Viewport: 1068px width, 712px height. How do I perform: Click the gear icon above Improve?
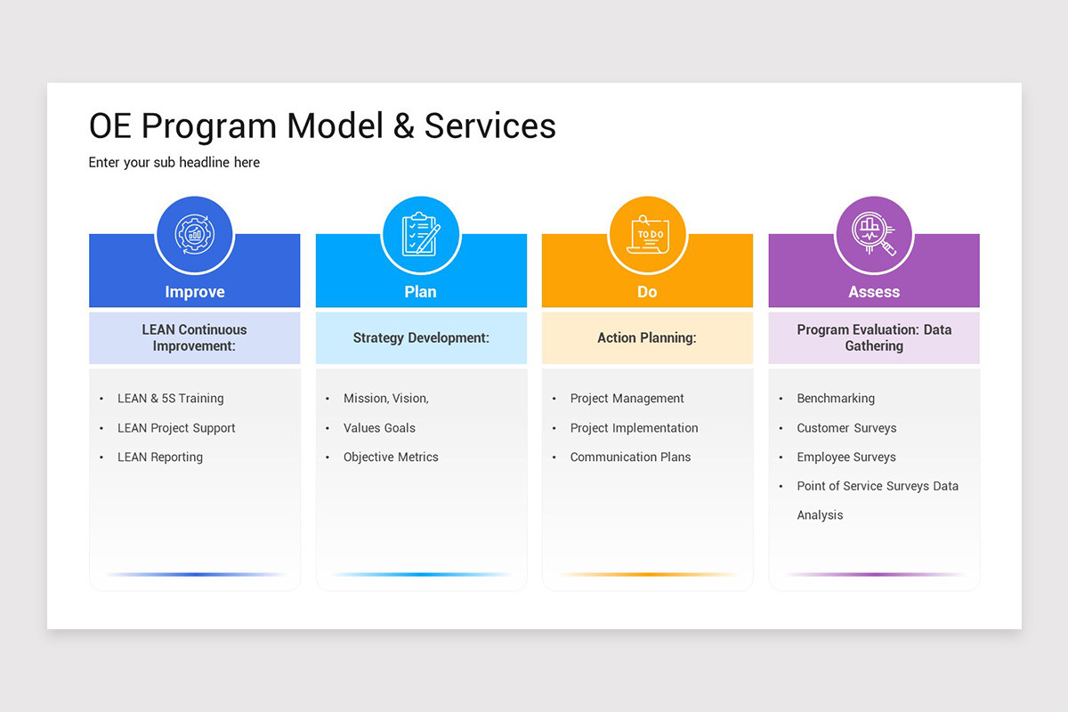point(194,235)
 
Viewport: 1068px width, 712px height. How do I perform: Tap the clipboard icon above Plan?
point(421,235)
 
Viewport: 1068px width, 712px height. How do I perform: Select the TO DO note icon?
point(647,235)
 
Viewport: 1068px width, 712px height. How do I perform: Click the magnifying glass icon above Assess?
point(874,235)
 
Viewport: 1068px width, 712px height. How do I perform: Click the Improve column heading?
point(194,292)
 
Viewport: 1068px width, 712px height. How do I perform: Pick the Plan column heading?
point(421,292)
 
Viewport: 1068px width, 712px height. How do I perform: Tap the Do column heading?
point(647,292)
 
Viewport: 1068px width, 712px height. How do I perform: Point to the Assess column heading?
point(874,292)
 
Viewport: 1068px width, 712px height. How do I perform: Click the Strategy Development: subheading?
point(421,338)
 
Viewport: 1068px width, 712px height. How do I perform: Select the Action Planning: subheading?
point(647,338)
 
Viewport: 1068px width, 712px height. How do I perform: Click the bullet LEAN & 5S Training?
point(171,399)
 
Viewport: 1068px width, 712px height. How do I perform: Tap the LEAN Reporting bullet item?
point(160,457)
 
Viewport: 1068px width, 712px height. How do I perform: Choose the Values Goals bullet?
point(379,428)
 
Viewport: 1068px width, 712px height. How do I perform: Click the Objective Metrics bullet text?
point(391,457)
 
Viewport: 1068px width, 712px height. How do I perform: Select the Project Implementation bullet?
point(634,428)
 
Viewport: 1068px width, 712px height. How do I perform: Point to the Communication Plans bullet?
point(630,457)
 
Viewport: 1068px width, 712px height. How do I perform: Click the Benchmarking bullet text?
point(836,399)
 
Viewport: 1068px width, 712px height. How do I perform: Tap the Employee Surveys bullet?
point(846,457)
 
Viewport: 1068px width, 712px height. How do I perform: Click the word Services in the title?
point(489,126)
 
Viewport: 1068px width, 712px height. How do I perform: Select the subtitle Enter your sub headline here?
point(174,163)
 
